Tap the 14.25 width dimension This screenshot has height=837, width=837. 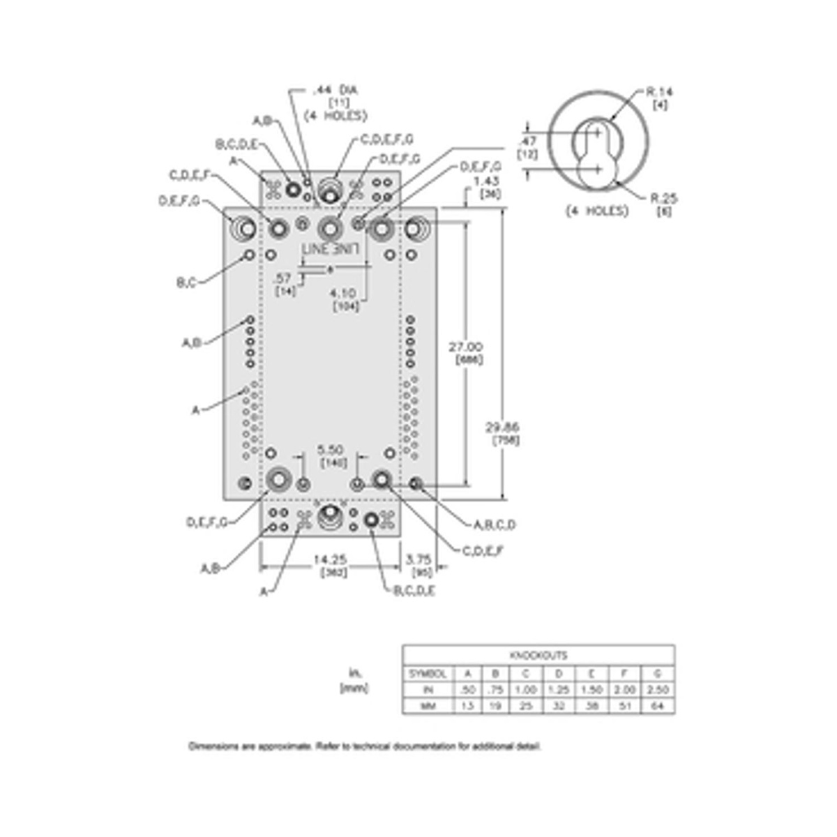tap(330, 559)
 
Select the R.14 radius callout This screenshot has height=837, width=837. tap(660, 91)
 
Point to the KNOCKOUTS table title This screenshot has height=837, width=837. tap(538, 656)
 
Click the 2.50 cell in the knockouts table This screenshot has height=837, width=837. tap(657, 689)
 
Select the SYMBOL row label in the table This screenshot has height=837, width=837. tap(428, 674)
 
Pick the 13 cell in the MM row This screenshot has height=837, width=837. tap(467, 706)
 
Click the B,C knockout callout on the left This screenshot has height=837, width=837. tap(186, 283)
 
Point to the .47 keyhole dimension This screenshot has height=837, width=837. tap(527, 142)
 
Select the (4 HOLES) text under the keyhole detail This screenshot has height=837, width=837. tap(597, 211)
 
